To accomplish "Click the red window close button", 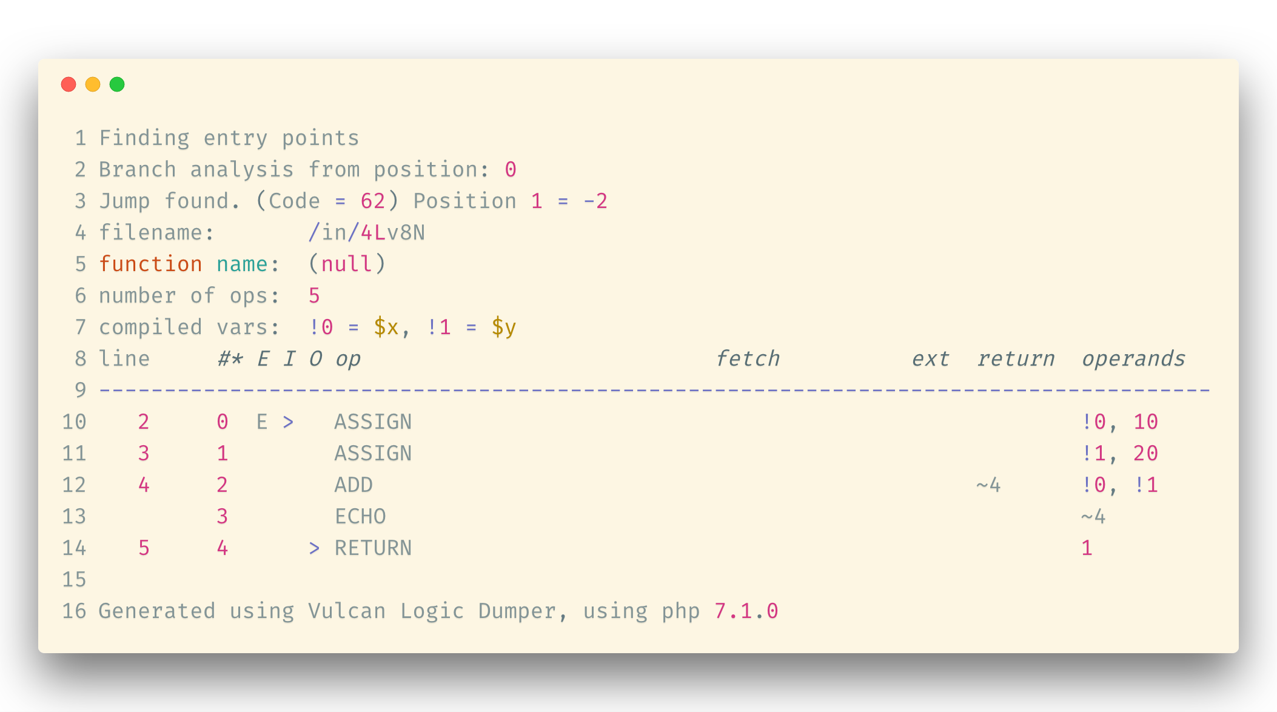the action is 69,84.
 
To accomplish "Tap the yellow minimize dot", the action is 93,84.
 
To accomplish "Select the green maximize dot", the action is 117,84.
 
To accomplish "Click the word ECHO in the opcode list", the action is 360,517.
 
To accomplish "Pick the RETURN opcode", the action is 373,548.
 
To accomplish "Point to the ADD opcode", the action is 354,485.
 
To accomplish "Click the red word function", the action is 150,264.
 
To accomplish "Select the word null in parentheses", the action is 347,264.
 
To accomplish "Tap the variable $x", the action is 386,327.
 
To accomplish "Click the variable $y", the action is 504,327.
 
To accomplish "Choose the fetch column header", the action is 748,359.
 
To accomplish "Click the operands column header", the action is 1133,359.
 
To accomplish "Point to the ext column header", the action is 931,359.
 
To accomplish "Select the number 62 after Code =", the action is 373,201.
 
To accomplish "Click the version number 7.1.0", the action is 746,611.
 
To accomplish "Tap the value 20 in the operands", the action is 1145,454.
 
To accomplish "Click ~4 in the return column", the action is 988,485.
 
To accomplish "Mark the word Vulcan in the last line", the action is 347,611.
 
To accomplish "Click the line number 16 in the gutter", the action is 74,611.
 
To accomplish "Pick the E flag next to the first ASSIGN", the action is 262,422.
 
